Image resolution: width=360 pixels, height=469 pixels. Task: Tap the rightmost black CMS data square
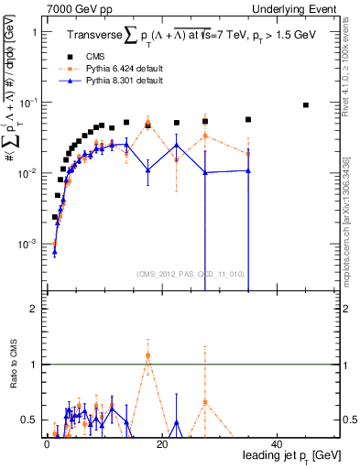306,105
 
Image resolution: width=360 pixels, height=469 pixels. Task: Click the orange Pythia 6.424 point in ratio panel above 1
147,354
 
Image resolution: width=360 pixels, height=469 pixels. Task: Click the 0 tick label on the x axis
47,443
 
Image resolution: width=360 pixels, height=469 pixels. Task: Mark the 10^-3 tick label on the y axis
27,245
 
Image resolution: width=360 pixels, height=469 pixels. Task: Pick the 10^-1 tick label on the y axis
27,103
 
